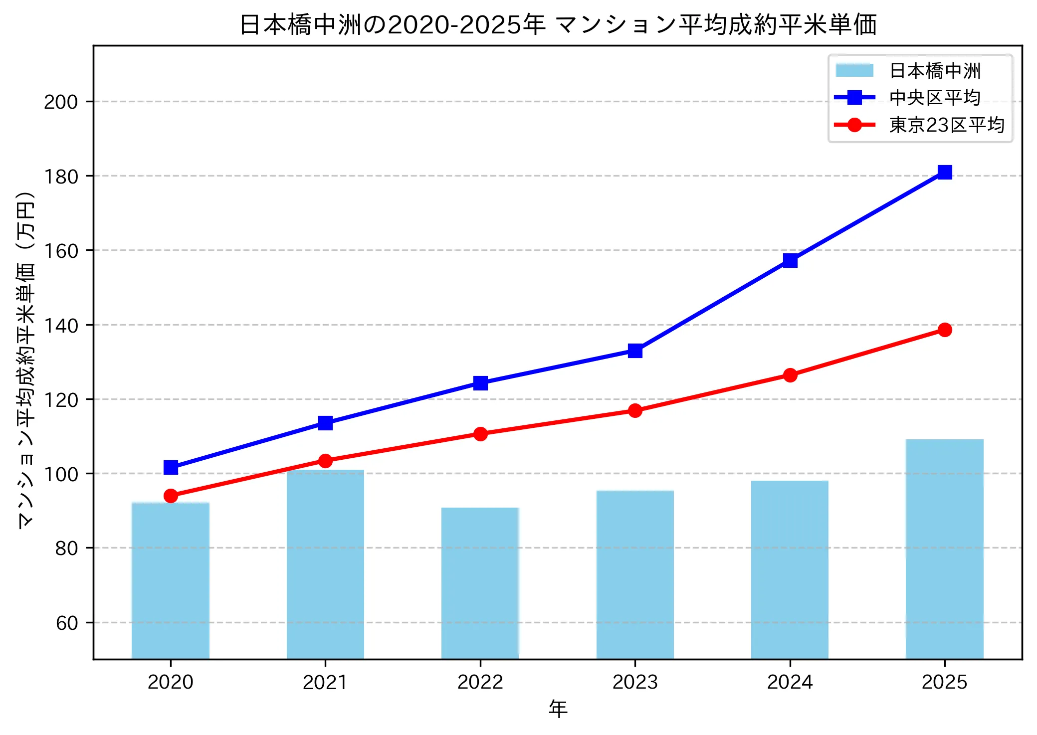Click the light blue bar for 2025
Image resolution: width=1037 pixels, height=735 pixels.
(944, 549)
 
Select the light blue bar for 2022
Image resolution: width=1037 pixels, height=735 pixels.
(480, 583)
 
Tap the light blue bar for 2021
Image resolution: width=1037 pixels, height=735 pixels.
(325, 564)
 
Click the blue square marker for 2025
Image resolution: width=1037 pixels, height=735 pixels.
(944, 172)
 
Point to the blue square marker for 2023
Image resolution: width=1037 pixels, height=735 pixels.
(635, 351)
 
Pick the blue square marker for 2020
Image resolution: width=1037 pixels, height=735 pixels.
(171, 467)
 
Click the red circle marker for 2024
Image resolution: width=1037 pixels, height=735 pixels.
(790, 375)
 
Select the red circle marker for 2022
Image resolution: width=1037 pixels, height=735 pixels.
(480, 434)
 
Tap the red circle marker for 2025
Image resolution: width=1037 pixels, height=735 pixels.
(944, 330)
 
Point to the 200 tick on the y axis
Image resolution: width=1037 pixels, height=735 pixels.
(61, 102)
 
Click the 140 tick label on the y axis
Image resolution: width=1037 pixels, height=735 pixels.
(61, 326)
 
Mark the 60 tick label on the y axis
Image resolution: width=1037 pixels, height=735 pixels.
(67, 623)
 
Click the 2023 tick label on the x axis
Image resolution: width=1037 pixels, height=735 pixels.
(635, 682)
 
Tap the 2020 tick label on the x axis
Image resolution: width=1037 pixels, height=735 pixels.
(171, 682)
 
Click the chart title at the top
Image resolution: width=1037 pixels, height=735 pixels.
(558, 25)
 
